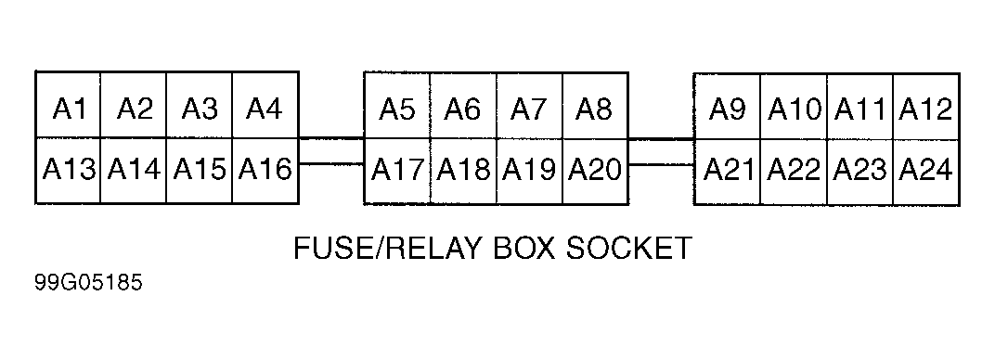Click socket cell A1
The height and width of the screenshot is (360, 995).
coord(68,105)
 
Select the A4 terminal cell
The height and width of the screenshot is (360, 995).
coord(265,105)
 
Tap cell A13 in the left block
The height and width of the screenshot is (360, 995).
coord(68,171)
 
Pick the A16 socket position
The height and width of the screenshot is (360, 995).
coord(265,171)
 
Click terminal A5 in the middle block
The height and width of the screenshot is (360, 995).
coord(397,106)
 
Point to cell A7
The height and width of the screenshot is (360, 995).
coord(529,106)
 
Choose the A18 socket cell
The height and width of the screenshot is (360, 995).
coord(463,171)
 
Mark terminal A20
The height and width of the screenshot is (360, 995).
coord(595,171)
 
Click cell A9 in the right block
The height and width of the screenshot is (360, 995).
coord(727,107)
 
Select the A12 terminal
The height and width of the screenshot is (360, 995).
coord(925,107)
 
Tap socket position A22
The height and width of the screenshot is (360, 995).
coord(794,172)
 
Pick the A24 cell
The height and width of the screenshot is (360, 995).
coord(925,172)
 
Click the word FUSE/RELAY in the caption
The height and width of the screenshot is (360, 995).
coord(387,248)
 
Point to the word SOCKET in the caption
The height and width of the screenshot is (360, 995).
coord(628,248)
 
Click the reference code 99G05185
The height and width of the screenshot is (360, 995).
coord(89,283)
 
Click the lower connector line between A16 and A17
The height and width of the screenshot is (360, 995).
coord(331,164)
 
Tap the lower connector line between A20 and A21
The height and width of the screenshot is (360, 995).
coord(661,165)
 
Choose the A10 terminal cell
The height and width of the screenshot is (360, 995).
coord(794,107)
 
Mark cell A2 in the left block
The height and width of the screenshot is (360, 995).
coord(134,105)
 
